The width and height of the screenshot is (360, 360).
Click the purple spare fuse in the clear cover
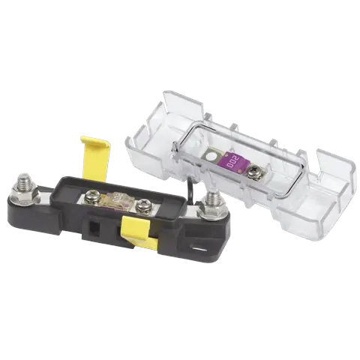[x=235, y=163]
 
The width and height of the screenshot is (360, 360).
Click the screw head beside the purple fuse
[x=251, y=171]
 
